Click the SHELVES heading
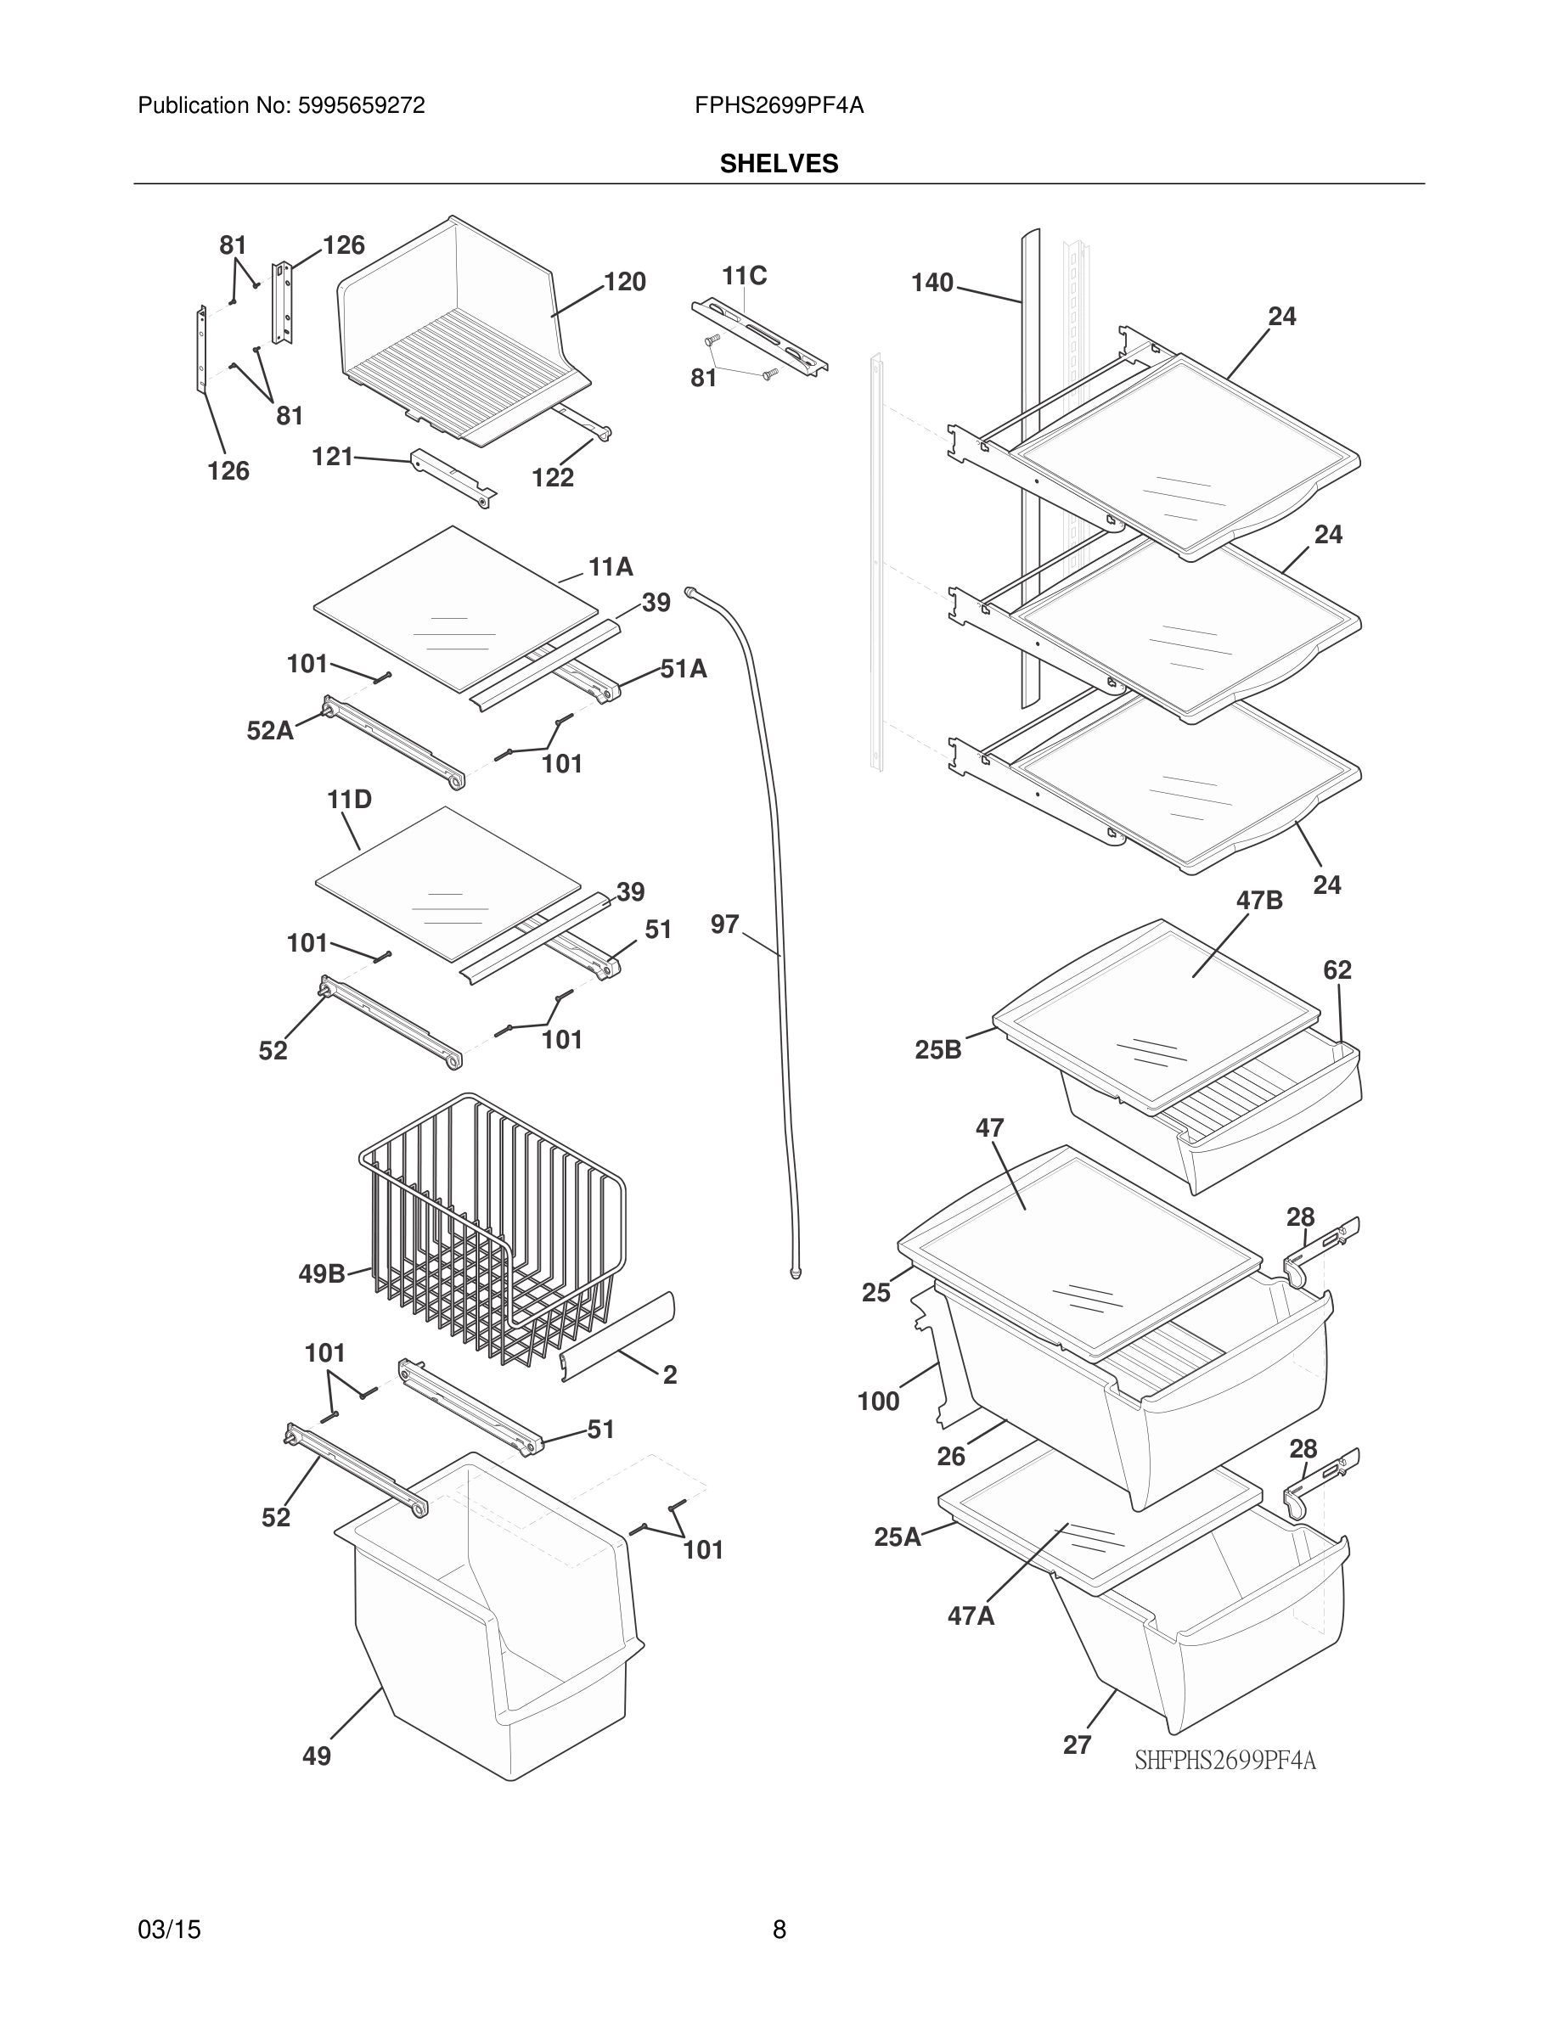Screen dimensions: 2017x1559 [x=779, y=164]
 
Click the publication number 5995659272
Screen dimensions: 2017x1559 [x=360, y=106]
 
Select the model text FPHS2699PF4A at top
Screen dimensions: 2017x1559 [x=779, y=106]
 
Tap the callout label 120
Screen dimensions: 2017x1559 [x=624, y=283]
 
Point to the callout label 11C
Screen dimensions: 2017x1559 [x=744, y=276]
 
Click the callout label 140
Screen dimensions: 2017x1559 [x=931, y=283]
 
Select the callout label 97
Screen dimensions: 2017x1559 [x=724, y=924]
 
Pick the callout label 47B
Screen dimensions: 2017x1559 [x=1259, y=901]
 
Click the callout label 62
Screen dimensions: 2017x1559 [x=1337, y=969]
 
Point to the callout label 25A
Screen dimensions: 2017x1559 [x=897, y=1537]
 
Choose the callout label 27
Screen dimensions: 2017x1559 [x=1077, y=1745]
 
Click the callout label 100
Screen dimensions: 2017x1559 [x=877, y=1402]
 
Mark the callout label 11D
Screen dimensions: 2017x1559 [x=349, y=800]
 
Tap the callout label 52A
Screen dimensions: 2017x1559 [x=270, y=732]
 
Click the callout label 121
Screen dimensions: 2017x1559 [x=333, y=458]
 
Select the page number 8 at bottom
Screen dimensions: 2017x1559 [x=779, y=1930]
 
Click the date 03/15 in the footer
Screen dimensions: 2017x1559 [x=169, y=1930]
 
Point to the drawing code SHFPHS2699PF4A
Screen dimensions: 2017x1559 [x=1224, y=1761]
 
